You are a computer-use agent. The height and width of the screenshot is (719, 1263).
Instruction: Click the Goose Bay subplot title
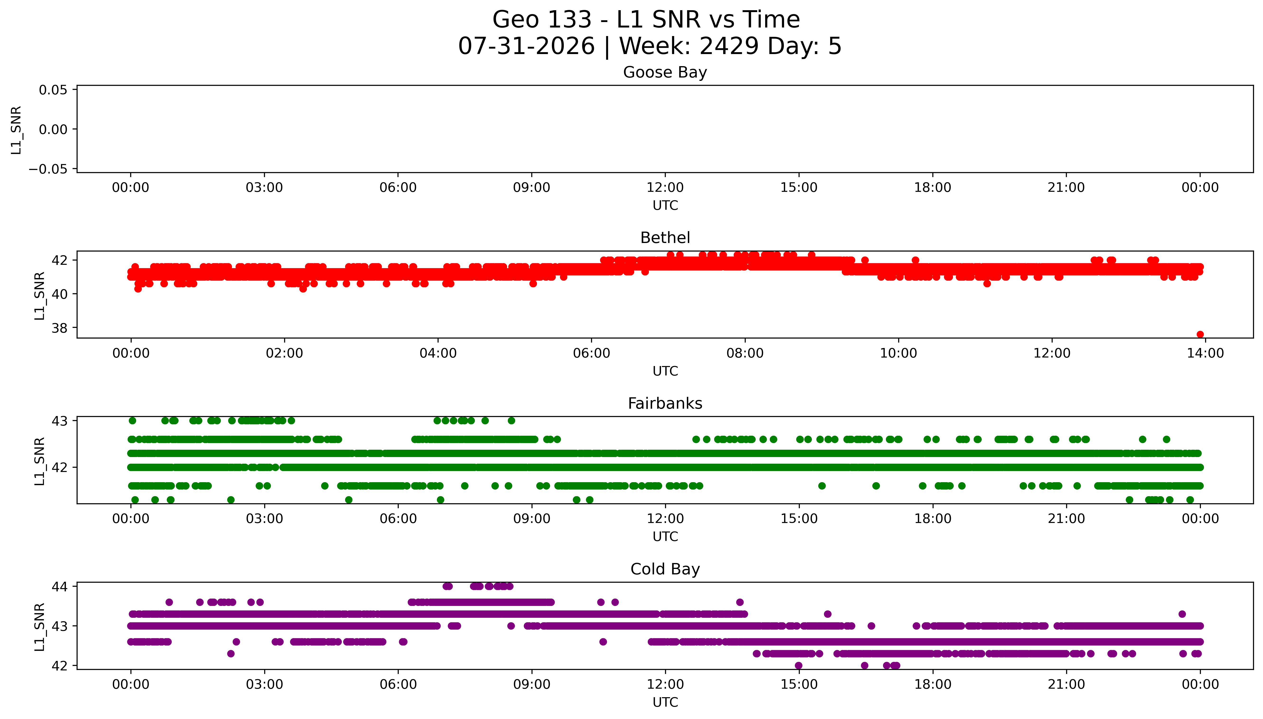[665, 73]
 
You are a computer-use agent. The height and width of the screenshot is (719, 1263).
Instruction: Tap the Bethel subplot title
[665, 238]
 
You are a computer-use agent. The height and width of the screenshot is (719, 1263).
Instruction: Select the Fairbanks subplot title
[665, 403]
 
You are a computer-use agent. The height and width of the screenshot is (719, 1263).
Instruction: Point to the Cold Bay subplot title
[665, 569]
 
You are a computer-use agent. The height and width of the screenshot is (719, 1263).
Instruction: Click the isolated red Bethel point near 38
[1200, 334]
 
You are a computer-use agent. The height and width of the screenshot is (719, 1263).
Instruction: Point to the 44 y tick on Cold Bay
[59, 587]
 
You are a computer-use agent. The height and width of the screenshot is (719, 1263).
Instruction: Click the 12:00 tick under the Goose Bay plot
[665, 188]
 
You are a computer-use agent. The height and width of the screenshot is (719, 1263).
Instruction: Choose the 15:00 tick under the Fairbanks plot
[799, 519]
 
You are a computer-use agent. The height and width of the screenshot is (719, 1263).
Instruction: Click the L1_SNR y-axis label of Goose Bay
[16, 130]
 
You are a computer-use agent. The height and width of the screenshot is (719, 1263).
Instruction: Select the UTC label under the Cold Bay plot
[665, 702]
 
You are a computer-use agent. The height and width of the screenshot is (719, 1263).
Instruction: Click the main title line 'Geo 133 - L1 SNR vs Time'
[646, 20]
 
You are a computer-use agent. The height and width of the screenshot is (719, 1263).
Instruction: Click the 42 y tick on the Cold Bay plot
[59, 666]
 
